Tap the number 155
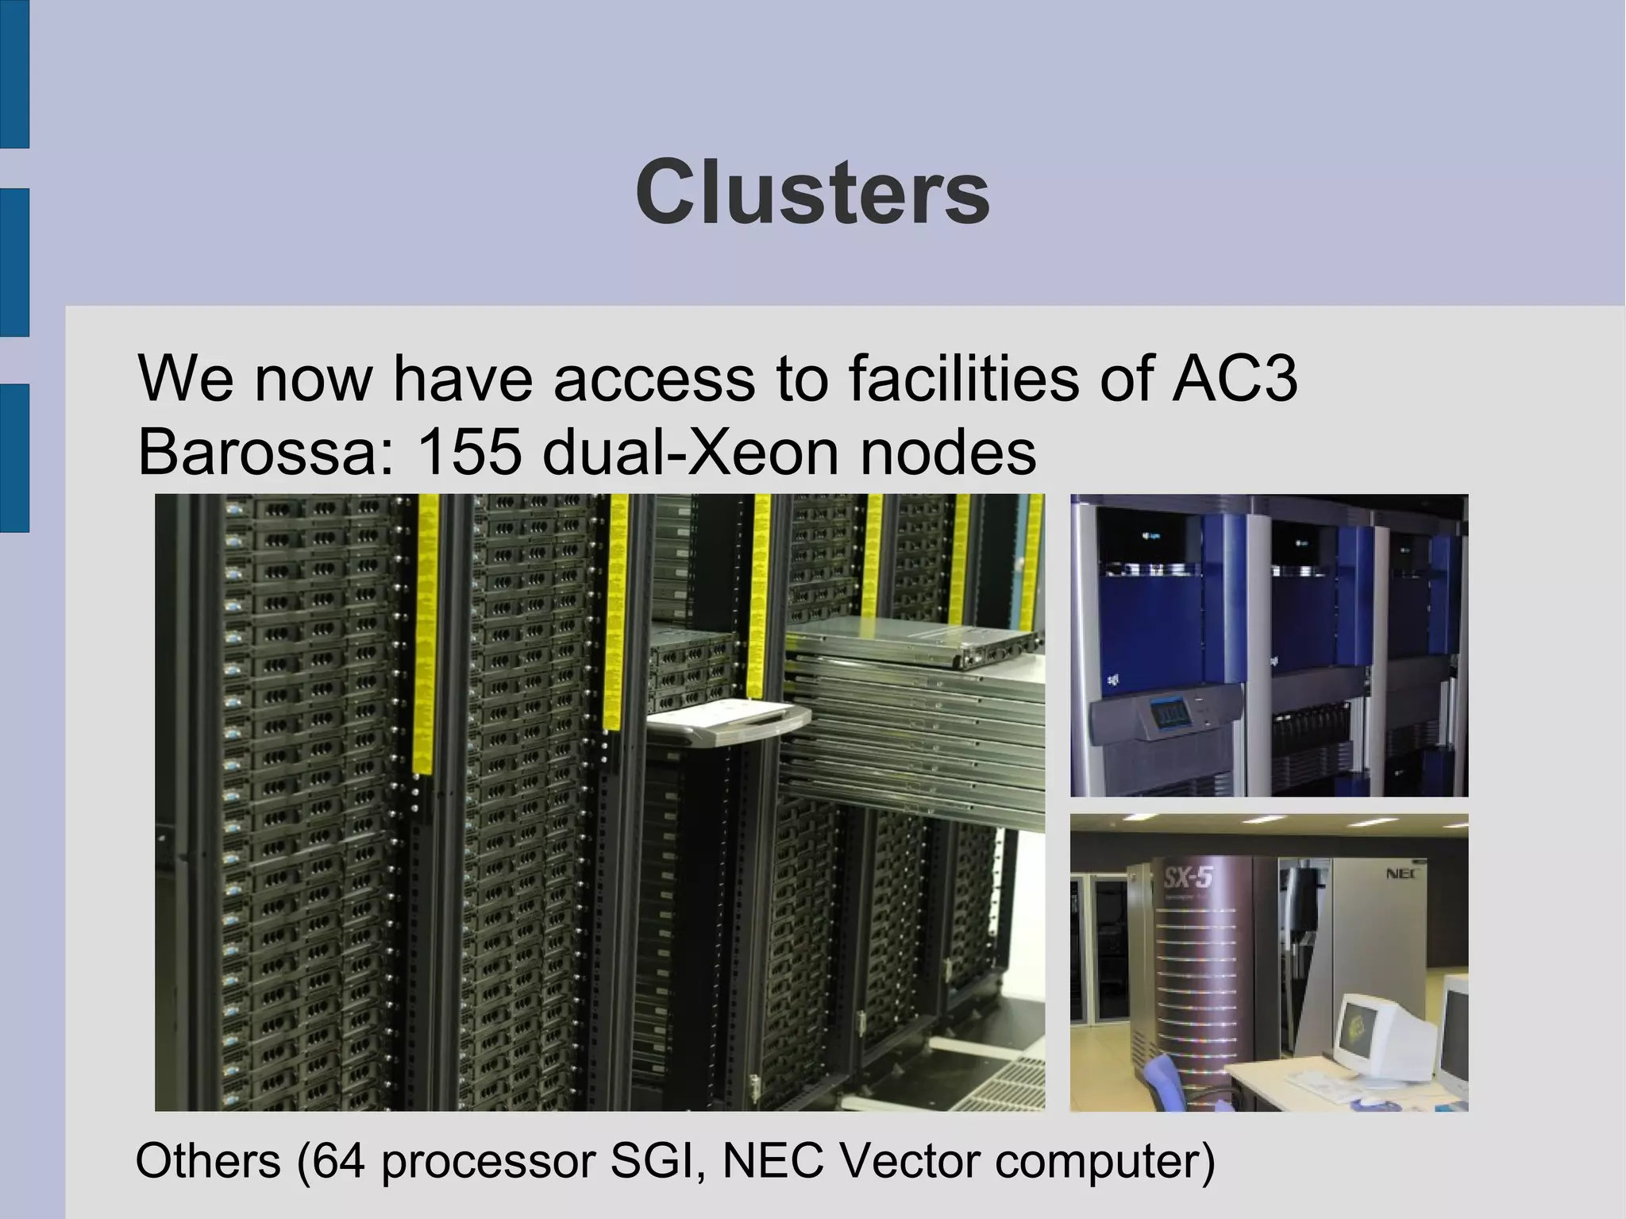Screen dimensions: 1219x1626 468,452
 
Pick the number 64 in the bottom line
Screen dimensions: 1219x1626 338,1160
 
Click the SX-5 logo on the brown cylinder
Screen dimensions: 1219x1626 1189,878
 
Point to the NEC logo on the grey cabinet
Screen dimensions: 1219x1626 1402,874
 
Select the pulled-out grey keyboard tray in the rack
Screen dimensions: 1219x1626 729,723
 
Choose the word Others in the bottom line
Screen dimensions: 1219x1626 208,1160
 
